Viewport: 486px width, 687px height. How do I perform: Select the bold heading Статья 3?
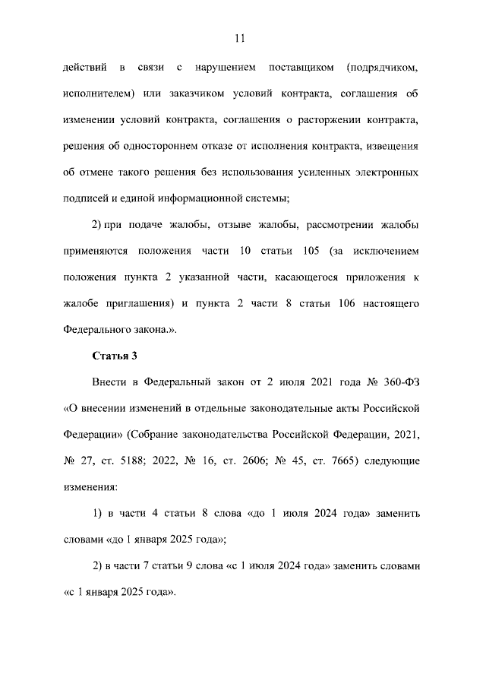point(114,355)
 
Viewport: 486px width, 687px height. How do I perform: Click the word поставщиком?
point(302,69)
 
